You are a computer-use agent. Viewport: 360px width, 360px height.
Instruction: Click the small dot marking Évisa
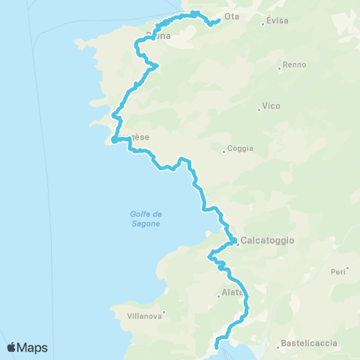(x=262, y=24)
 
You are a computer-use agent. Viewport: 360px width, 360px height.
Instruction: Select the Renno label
(x=295, y=64)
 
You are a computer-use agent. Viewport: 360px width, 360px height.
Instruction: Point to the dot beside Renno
(x=280, y=68)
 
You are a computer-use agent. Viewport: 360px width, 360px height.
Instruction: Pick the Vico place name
(x=271, y=106)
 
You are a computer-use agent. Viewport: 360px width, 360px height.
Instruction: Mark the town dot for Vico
(x=259, y=109)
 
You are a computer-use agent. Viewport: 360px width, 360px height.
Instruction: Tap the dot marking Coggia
(x=223, y=151)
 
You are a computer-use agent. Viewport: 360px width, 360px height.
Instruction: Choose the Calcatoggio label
(x=268, y=240)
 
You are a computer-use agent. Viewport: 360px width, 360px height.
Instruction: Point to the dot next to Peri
(x=349, y=268)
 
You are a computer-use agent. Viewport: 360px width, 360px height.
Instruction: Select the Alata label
(x=232, y=292)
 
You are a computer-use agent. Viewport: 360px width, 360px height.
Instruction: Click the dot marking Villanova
(x=164, y=313)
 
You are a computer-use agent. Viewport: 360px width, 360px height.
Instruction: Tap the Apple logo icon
(x=12, y=346)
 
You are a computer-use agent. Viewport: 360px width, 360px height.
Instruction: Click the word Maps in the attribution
(x=34, y=347)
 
